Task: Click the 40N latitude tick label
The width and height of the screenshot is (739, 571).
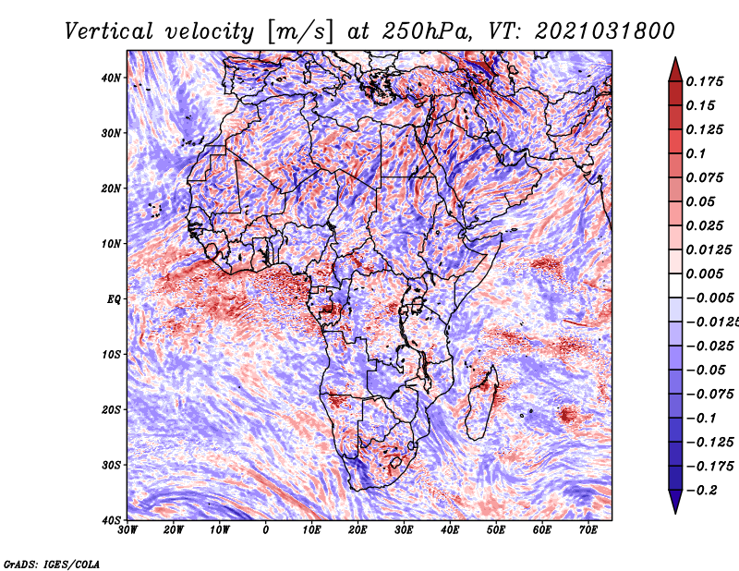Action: pyautogui.click(x=111, y=78)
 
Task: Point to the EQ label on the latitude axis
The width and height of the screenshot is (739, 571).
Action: pyautogui.click(x=114, y=299)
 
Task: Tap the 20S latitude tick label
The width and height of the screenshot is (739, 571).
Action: pyautogui.click(x=111, y=409)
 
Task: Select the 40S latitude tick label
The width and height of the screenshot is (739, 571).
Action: pyautogui.click(x=111, y=520)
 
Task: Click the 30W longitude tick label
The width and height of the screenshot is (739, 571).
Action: pyautogui.click(x=127, y=530)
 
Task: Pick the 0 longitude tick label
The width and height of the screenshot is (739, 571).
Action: pyautogui.click(x=266, y=530)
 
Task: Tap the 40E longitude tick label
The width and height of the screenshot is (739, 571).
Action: pyautogui.click(x=450, y=530)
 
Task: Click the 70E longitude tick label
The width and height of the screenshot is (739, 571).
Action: pyautogui.click(x=588, y=530)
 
